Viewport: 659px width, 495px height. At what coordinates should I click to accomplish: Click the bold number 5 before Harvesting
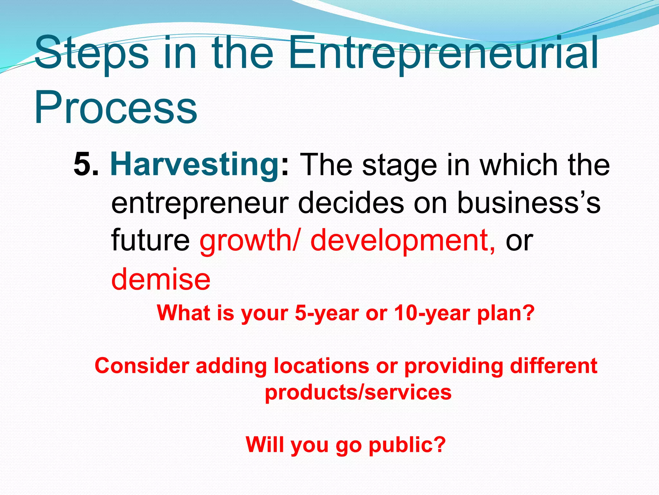[82, 165]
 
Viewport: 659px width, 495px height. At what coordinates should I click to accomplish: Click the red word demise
[161, 279]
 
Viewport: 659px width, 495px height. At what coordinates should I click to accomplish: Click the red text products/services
[358, 393]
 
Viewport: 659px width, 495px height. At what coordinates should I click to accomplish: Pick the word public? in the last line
[407, 445]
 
